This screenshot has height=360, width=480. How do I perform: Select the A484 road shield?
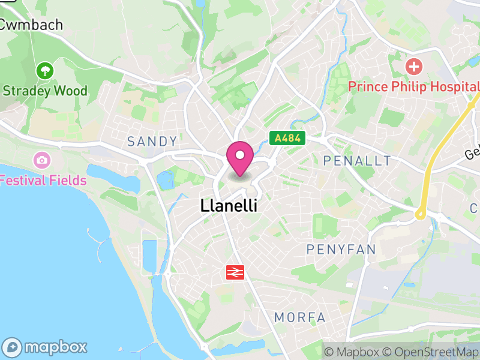point(287,138)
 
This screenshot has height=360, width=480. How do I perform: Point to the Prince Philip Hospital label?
point(413,87)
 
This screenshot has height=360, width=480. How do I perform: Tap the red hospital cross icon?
point(413,65)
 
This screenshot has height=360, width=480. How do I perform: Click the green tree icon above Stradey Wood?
point(44,71)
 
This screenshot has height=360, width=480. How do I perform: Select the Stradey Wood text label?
point(45,91)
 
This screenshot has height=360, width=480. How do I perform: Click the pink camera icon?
point(42,160)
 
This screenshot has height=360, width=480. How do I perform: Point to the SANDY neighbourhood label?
point(152,142)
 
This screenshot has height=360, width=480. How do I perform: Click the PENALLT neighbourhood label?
point(357,161)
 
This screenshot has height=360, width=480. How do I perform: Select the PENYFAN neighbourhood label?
point(341,250)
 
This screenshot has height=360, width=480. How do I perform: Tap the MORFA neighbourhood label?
point(300,317)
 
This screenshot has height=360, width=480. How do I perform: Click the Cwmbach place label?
point(31,25)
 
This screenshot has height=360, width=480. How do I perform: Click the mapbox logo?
point(46,347)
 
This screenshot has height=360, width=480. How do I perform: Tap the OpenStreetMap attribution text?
point(431,352)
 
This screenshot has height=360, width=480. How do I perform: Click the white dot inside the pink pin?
point(240,155)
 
